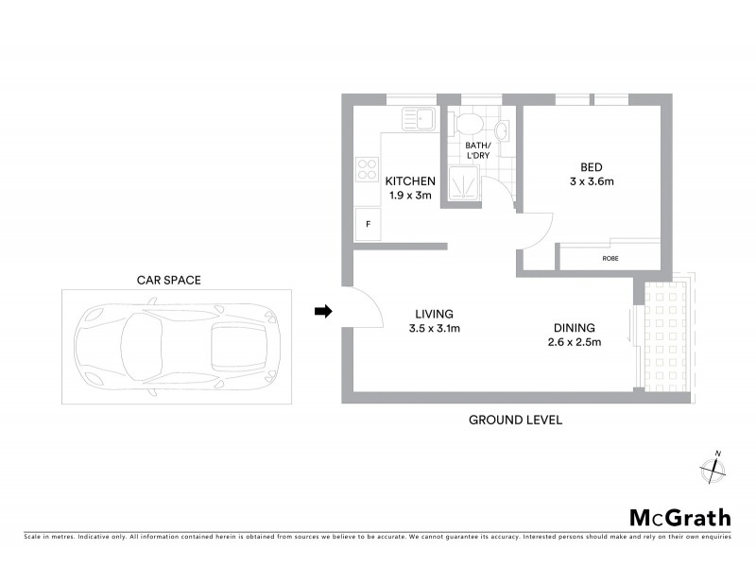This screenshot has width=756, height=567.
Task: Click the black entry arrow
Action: (x=323, y=312)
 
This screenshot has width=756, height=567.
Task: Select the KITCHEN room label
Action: (x=410, y=181)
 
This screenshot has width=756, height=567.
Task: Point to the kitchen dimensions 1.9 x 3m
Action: (x=410, y=196)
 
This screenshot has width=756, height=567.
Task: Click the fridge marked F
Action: (x=367, y=224)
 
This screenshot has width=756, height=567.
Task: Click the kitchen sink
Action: (x=416, y=119)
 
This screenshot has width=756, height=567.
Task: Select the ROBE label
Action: (x=609, y=257)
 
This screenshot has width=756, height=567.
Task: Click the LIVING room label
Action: (x=434, y=314)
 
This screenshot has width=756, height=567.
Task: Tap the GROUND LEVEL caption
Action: (x=516, y=420)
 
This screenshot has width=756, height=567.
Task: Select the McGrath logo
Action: (x=679, y=517)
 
